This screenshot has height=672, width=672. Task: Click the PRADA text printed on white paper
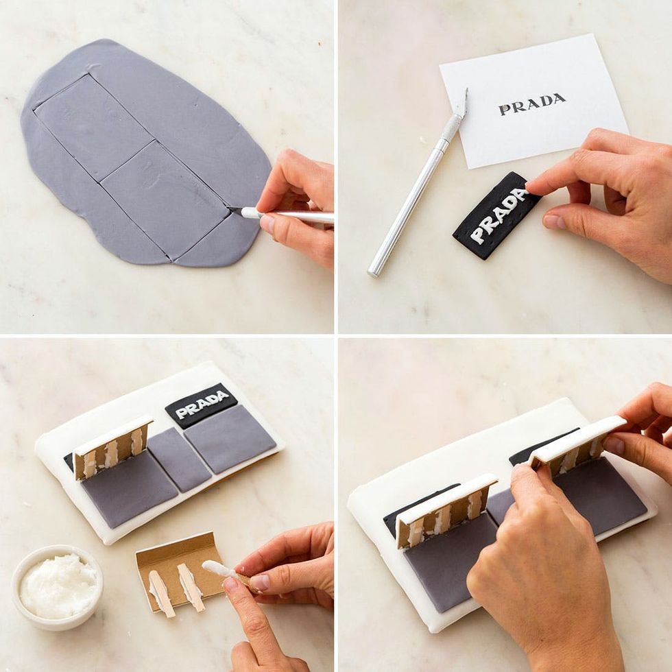point(532,104)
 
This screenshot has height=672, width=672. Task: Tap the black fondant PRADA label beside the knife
point(496,215)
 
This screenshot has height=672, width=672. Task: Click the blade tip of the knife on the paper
point(466,90)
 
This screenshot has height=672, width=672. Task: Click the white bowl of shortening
point(58,587)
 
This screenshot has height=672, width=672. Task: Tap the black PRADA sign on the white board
point(202,405)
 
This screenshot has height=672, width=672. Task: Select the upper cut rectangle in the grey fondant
point(94,127)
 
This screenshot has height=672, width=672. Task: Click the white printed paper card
point(533,101)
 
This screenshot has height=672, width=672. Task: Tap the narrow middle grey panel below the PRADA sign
point(180,458)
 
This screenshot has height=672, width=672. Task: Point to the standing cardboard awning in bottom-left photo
point(112,447)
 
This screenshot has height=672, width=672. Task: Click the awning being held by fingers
point(577,446)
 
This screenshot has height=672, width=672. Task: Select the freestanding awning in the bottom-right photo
point(446,510)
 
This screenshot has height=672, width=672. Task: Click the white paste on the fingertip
point(218,568)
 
